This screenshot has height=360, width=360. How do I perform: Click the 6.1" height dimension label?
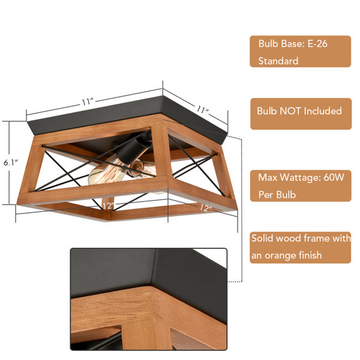pos(11,163)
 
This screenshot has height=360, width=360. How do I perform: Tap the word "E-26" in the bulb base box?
pos(317,44)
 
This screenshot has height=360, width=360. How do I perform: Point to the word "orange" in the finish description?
pos(280,256)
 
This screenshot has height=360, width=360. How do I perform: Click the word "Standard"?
pos(278,61)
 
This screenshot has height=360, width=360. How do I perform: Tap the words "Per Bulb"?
pos(277,194)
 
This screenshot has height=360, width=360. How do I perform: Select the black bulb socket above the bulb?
pos(134,146)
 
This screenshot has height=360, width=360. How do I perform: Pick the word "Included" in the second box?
pos(323,111)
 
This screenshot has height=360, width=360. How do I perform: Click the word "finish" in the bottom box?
pos(310,255)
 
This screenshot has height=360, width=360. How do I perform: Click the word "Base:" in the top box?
pos(293,44)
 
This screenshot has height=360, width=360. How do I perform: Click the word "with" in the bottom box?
pos(341,238)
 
